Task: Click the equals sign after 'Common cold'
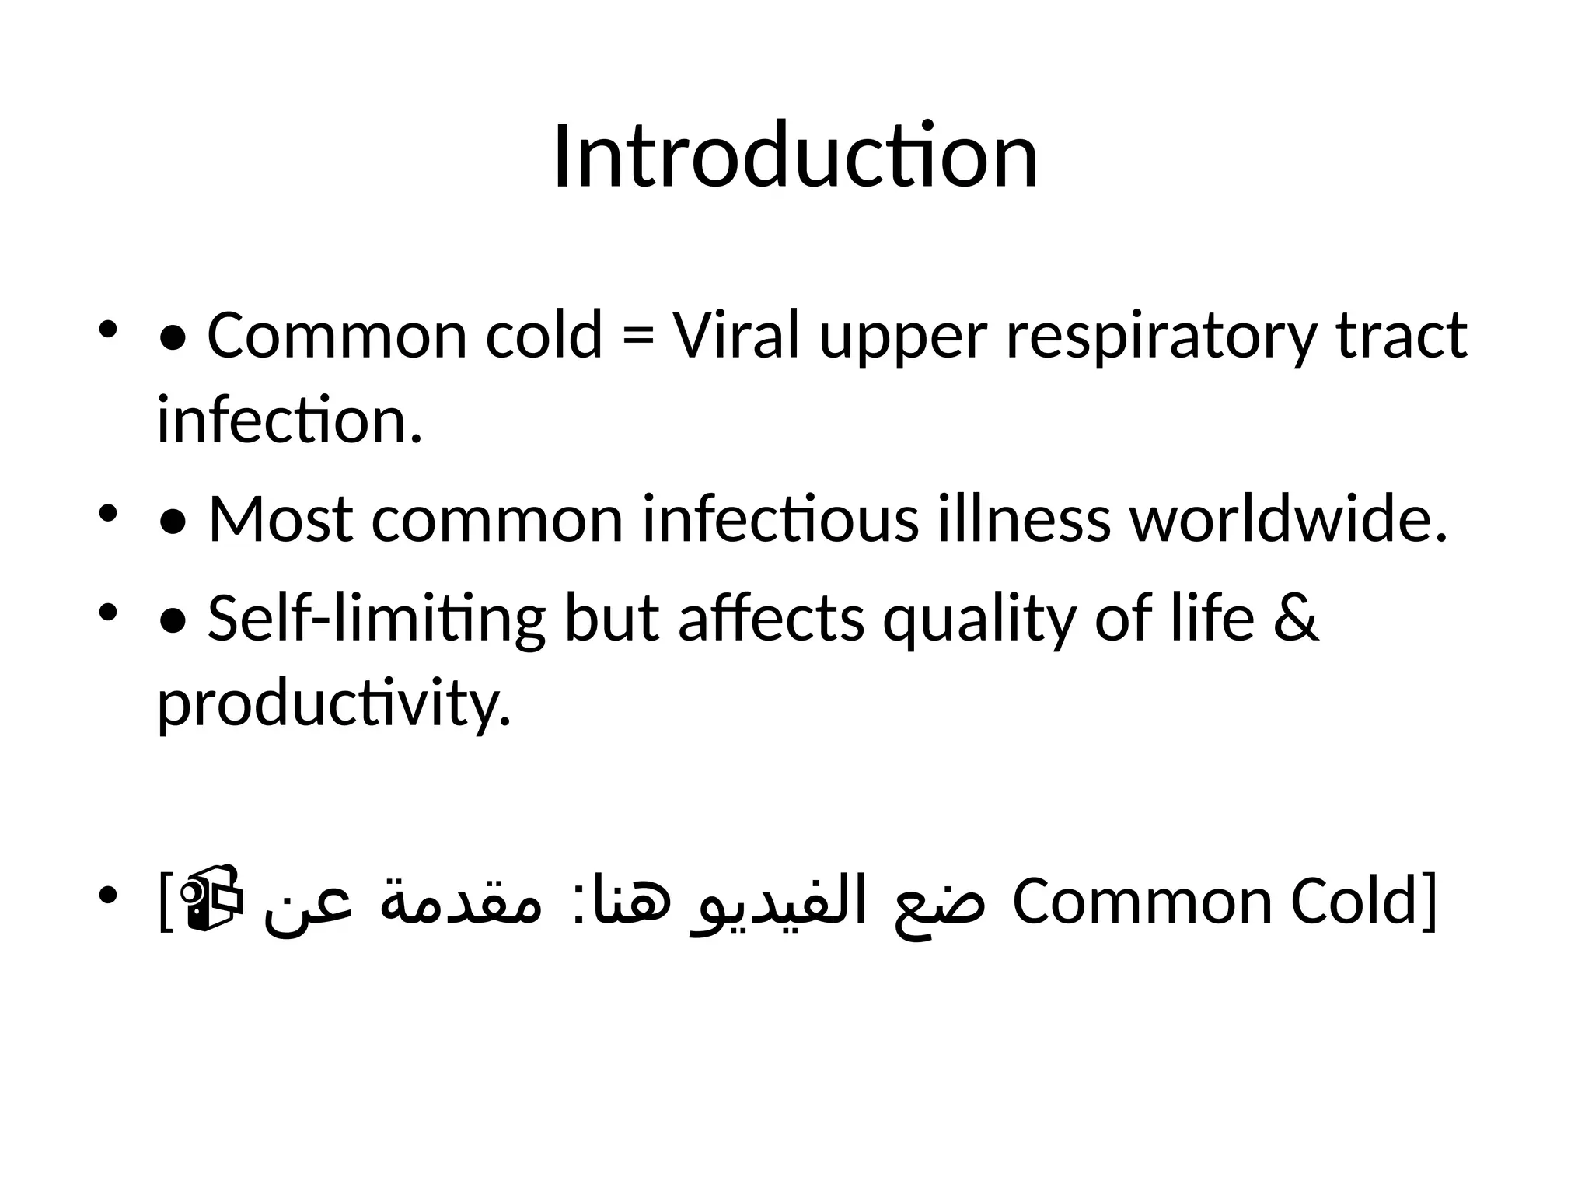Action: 637,336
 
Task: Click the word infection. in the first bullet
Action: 290,420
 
